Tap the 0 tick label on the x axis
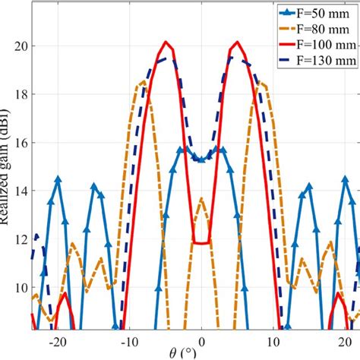(x=201, y=341)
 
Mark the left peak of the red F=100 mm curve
(x=166, y=43)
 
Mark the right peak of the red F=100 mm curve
(x=237, y=43)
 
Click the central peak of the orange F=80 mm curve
(x=201, y=199)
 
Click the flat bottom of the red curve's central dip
(x=201, y=243)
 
